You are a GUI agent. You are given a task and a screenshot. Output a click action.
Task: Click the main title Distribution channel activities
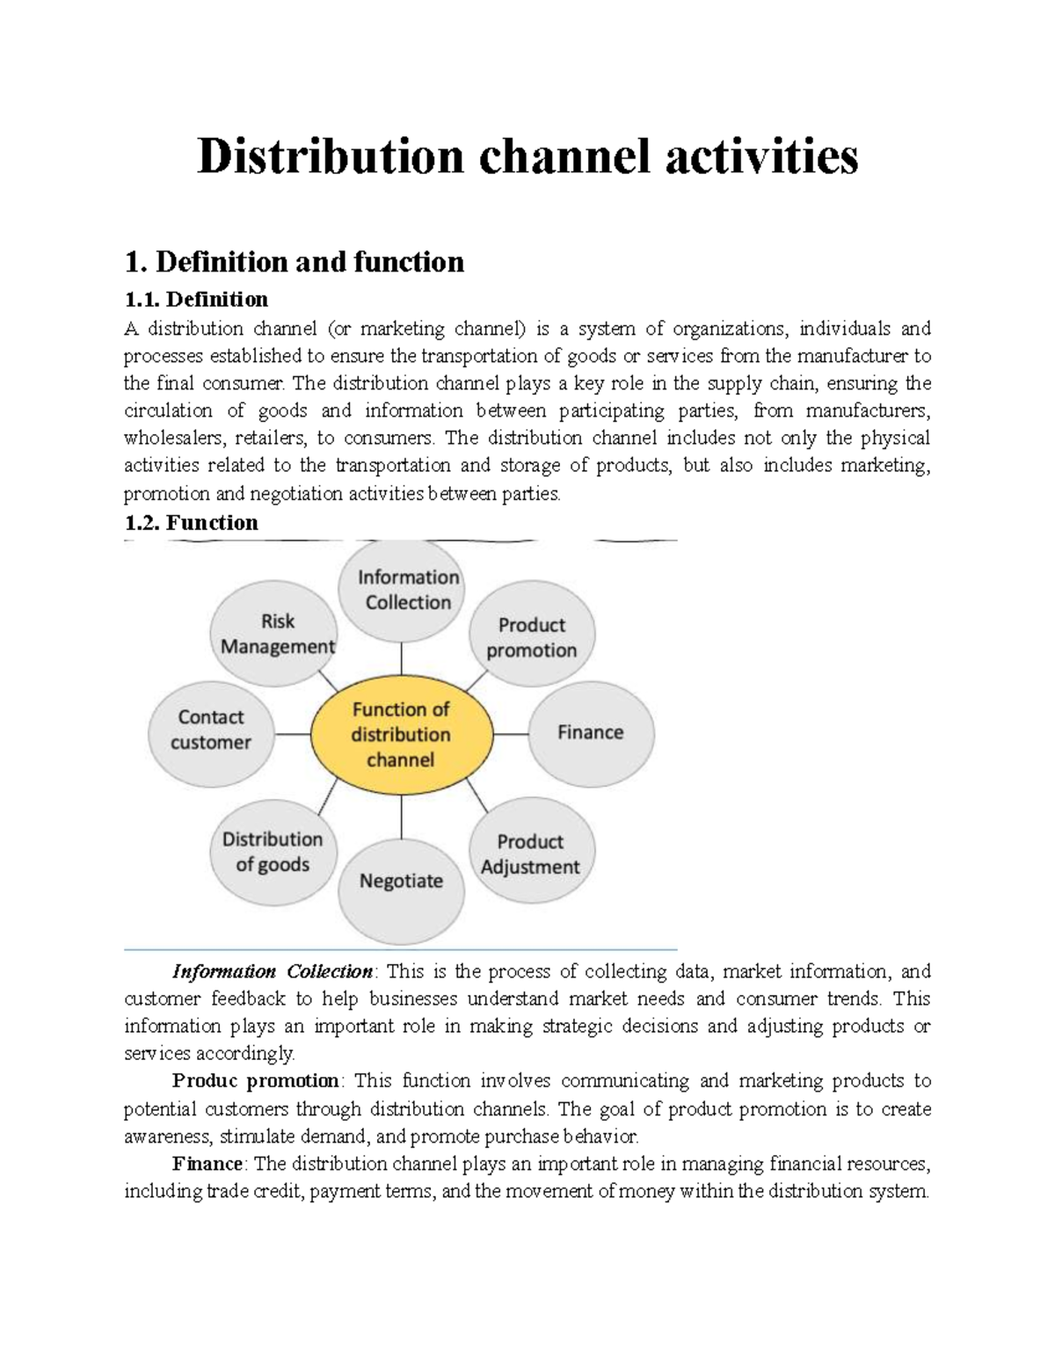[527, 156]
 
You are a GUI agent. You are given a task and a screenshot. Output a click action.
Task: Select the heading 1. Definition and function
[295, 262]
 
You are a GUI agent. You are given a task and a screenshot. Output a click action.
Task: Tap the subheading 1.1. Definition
[196, 300]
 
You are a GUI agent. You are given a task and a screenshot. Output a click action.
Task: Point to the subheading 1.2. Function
[192, 523]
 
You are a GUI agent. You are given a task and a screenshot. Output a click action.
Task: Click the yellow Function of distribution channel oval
[401, 735]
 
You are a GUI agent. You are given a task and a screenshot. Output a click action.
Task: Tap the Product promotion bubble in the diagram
[532, 636]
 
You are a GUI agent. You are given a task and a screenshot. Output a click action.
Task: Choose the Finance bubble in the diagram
[590, 732]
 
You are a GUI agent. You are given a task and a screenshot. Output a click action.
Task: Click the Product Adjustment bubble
[531, 853]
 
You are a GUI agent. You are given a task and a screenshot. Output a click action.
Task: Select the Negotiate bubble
[401, 881]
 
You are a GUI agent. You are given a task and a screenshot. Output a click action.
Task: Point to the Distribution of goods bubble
[273, 852]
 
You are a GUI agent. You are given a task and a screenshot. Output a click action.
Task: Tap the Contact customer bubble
[211, 730]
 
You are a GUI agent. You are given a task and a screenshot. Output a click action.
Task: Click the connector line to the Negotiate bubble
[402, 817]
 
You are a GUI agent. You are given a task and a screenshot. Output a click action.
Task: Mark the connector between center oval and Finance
[510, 734]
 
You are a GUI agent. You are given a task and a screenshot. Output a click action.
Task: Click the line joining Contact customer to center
[293, 734]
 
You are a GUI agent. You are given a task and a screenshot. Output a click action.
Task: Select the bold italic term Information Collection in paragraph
[273, 971]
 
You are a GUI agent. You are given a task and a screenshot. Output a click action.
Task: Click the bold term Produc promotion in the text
[255, 1080]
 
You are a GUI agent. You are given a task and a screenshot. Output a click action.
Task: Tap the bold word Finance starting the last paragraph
[207, 1164]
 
